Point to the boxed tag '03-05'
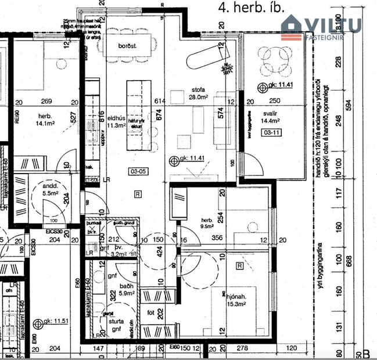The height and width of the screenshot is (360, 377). point(138,171)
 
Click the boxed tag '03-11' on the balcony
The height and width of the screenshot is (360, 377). point(271,132)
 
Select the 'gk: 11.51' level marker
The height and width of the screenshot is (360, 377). point(55,323)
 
